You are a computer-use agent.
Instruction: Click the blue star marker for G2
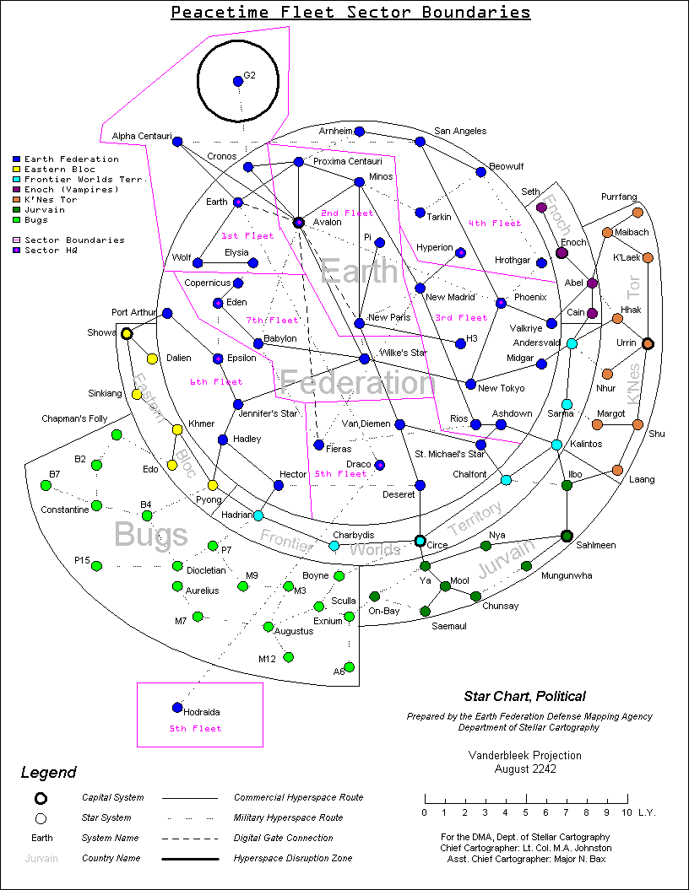(238, 81)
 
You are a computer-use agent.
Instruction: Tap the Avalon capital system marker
(298, 223)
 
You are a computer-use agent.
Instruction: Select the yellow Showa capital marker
(127, 334)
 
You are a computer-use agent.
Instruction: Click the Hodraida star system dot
(177, 707)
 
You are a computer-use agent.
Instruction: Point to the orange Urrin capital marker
(648, 343)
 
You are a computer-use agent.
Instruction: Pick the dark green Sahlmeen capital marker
(567, 536)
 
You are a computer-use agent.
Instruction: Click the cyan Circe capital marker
(420, 541)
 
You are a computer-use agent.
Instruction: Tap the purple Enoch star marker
(562, 252)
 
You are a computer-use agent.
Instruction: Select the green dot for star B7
(46, 485)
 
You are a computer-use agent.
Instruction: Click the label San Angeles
(460, 132)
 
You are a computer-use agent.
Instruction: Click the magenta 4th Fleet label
(495, 224)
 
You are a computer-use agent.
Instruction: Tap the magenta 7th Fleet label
(273, 321)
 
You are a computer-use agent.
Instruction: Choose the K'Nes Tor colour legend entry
(50, 200)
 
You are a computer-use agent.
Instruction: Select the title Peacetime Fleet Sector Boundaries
(350, 13)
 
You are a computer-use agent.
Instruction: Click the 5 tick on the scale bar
(525, 812)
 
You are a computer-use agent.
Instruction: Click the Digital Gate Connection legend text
(283, 839)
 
